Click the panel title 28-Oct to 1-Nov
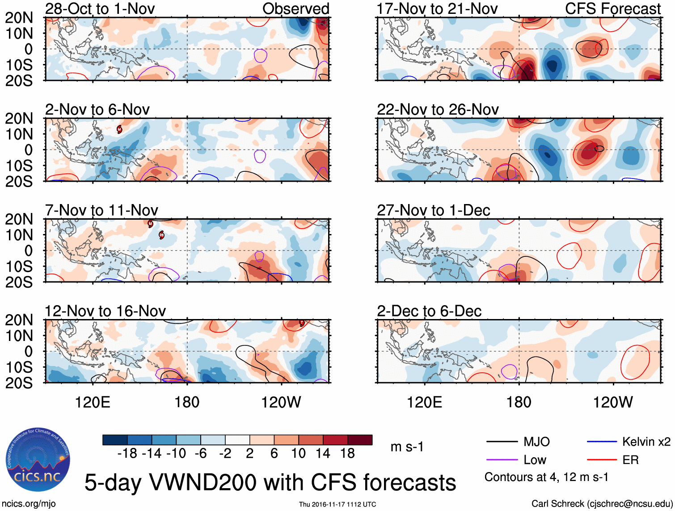(100, 9)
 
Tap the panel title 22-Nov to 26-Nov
(438, 110)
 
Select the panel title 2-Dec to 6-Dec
(429, 311)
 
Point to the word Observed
(296, 9)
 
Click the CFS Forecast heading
(613, 9)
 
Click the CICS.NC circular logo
(38, 460)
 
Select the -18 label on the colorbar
(127, 453)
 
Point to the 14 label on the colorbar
(323, 453)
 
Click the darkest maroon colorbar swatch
(360, 440)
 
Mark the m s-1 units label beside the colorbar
(407, 447)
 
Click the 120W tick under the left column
(281, 402)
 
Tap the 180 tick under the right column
(519, 402)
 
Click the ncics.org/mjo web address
(29, 503)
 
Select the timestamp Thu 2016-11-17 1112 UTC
(337, 504)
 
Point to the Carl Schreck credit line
(602, 503)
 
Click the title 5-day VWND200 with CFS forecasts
(270, 482)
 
